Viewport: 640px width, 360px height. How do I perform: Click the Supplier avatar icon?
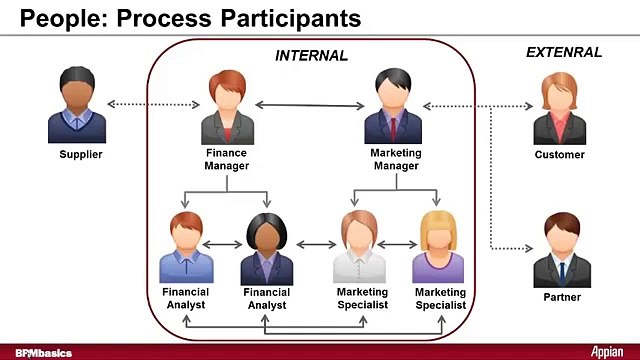pyautogui.click(x=77, y=107)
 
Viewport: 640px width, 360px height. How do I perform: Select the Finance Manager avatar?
pyautogui.click(x=227, y=109)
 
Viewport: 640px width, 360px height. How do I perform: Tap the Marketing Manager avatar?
pyautogui.click(x=396, y=108)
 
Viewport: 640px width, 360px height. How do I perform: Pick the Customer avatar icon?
pyautogui.click(x=559, y=109)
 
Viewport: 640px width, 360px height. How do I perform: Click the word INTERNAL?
pyautogui.click(x=311, y=56)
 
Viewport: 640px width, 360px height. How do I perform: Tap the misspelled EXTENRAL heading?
pyautogui.click(x=564, y=53)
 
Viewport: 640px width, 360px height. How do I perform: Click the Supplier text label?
pyautogui.click(x=81, y=155)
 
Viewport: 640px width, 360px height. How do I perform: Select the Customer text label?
pyautogui.click(x=560, y=156)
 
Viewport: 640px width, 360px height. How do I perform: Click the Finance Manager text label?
pyautogui.click(x=227, y=160)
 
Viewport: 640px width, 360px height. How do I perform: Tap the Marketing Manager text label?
pyautogui.click(x=396, y=160)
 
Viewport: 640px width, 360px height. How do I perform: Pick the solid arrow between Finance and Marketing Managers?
pyautogui.click(x=311, y=104)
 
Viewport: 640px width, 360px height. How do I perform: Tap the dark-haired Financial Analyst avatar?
pyautogui.click(x=267, y=250)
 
